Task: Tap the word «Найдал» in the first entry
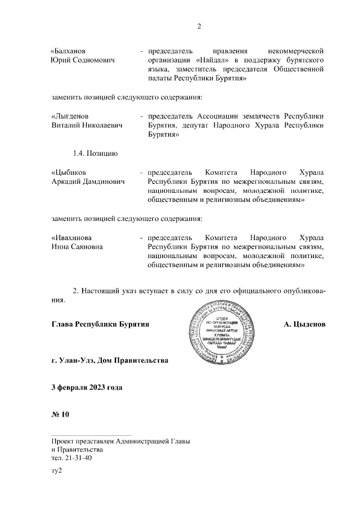(x=214, y=60)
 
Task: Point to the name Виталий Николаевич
(x=87, y=125)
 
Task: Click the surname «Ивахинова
(x=72, y=237)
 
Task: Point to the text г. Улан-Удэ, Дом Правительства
(x=109, y=360)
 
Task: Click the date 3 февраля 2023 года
(x=87, y=388)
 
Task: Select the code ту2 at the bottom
(x=56, y=471)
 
